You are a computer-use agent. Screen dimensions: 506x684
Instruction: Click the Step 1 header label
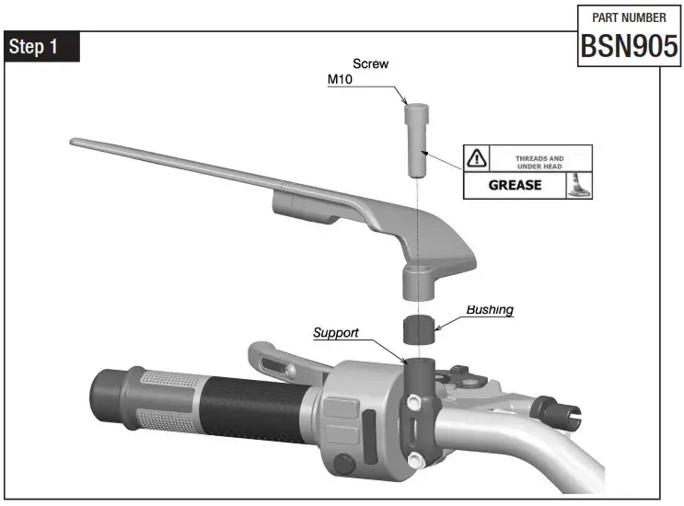42,47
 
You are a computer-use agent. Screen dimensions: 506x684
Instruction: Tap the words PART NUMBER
628,17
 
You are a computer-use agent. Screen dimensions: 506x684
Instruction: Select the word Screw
371,64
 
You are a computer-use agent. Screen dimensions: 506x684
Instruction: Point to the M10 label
342,80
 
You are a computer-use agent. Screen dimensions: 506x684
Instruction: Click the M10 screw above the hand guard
416,142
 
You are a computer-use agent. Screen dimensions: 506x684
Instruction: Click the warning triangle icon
476,158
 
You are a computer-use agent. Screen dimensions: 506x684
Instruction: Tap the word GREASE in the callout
515,185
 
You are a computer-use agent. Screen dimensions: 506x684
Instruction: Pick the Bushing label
489,310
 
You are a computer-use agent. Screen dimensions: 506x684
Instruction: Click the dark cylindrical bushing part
419,328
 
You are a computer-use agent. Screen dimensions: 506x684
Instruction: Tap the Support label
335,332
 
